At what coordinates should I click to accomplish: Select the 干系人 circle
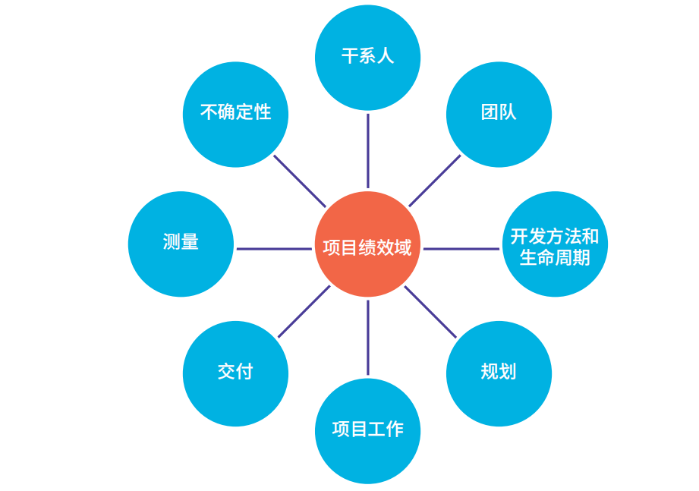[x=367, y=57]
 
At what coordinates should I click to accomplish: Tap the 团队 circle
[x=499, y=114]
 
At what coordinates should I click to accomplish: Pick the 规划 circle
[x=499, y=373]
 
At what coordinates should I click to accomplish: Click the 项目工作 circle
[x=367, y=430]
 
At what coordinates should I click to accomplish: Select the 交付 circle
[x=235, y=373]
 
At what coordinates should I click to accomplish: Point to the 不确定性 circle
[x=235, y=114]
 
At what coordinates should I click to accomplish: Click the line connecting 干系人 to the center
[x=368, y=150]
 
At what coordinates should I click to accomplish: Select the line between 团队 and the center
[x=435, y=181]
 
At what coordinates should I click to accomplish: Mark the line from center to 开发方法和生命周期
[x=461, y=248]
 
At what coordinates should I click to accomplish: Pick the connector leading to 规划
[x=430, y=311]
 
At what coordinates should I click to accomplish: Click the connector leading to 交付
[x=304, y=311]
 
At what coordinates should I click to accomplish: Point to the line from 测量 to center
[x=274, y=248]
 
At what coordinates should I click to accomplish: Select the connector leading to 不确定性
[x=299, y=181]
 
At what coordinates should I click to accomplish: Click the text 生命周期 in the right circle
[x=555, y=257]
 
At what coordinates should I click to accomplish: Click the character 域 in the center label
[x=402, y=247]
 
